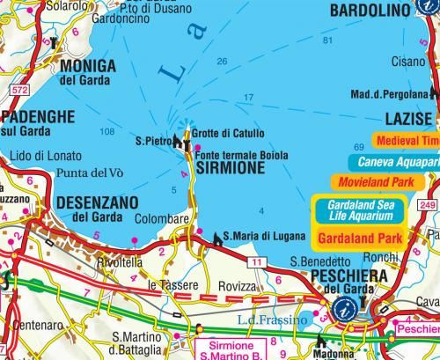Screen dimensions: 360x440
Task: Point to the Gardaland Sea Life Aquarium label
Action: tap(357, 209)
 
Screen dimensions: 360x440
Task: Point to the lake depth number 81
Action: tap(327, 42)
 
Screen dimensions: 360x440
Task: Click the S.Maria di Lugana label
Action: tap(256, 236)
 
